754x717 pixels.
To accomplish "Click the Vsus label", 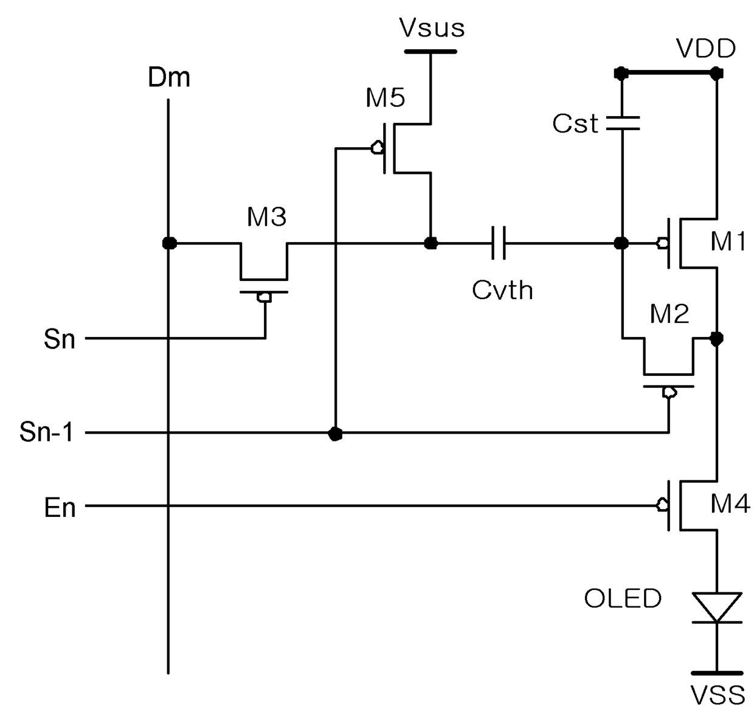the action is point(432,28).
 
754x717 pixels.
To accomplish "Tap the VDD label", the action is point(706,49).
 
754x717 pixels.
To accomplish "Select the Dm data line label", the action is point(169,77).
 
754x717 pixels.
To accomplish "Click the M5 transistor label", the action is point(385,97).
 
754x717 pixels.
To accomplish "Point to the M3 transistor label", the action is point(266,216).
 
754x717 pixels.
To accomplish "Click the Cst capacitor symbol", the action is point(623,123).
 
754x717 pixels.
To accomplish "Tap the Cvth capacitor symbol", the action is point(499,243).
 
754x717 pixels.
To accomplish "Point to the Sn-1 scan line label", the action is point(46,432).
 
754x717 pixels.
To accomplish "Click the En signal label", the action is point(60,508).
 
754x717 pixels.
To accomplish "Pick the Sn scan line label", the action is point(60,339).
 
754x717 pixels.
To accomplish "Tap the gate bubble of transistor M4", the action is point(662,505).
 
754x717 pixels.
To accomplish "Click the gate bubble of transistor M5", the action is point(378,148).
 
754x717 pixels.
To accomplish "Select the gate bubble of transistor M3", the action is point(265,297).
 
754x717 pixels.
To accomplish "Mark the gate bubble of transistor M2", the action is point(669,392).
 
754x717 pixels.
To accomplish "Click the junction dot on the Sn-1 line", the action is point(335,434).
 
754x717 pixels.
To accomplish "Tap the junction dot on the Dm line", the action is point(170,243).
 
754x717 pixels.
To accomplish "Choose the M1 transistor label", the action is point(728,241).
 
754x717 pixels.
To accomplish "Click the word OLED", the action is point(623,598).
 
